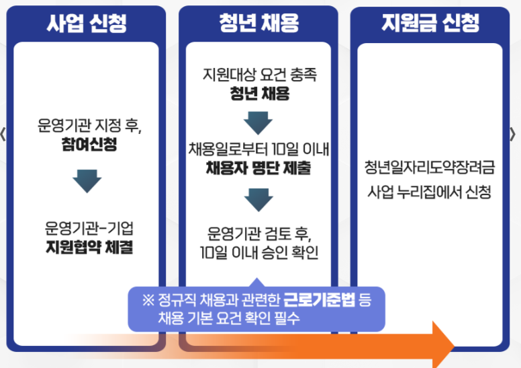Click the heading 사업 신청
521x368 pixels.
(x=86, y=24)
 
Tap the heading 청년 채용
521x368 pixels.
(x=258, y=24)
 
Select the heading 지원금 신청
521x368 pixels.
(x=430, y=24)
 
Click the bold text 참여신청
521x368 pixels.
(x=86, y=144)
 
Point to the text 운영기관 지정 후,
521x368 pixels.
(x=86, y=126)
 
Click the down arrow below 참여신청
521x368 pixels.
(x=86, y=181)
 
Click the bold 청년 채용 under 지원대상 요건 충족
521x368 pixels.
(x=258, y=94)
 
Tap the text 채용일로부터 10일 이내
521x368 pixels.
(x=258, y=148)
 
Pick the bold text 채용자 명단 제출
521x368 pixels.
(x=258, y=168)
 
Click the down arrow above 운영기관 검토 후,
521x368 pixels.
(x=258, y=198)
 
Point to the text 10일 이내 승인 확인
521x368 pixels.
(x=258, y=253)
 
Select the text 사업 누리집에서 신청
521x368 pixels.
(x=430, y=192)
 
